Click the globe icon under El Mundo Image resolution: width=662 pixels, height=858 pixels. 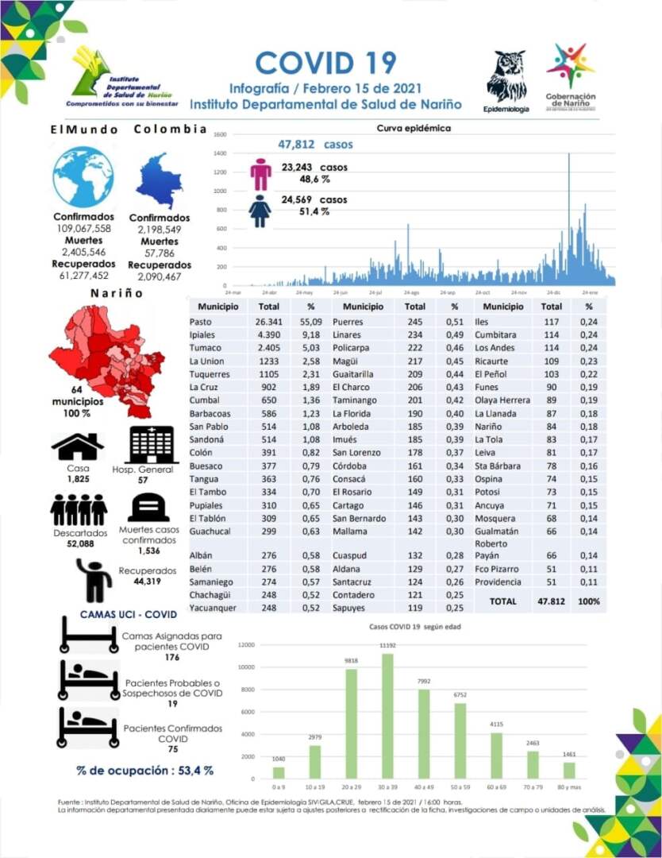coord(83,177)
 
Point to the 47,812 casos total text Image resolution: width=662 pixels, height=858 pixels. coord(315,145)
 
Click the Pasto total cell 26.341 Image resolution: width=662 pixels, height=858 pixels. coord(269,322)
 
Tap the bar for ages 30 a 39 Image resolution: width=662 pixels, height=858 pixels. coord(387,715)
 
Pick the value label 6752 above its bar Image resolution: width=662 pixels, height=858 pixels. coord(460,694)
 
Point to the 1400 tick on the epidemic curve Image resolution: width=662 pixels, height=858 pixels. coord(221,153)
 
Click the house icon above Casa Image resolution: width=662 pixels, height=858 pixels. coord(78,446)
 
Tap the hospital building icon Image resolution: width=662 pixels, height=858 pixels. coord(153,445)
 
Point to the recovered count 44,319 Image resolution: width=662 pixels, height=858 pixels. coord(148,582)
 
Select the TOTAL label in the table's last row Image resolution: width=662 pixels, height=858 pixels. coord(502,601)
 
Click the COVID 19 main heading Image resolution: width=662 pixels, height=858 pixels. coord(325,62)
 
